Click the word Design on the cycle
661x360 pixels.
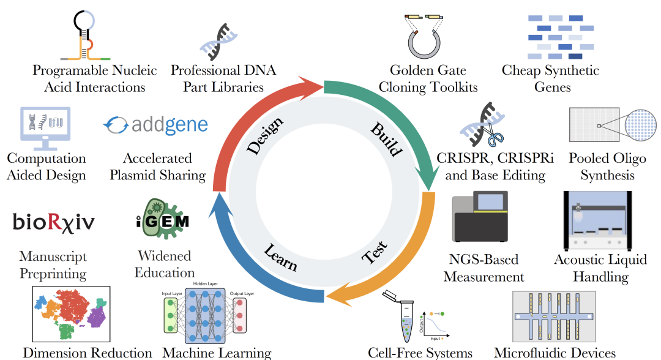265,135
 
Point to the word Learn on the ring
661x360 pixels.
280,257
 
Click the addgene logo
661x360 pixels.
156,125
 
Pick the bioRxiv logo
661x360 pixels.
54,222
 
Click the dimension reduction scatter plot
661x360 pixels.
70,313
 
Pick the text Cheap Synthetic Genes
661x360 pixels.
550,78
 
